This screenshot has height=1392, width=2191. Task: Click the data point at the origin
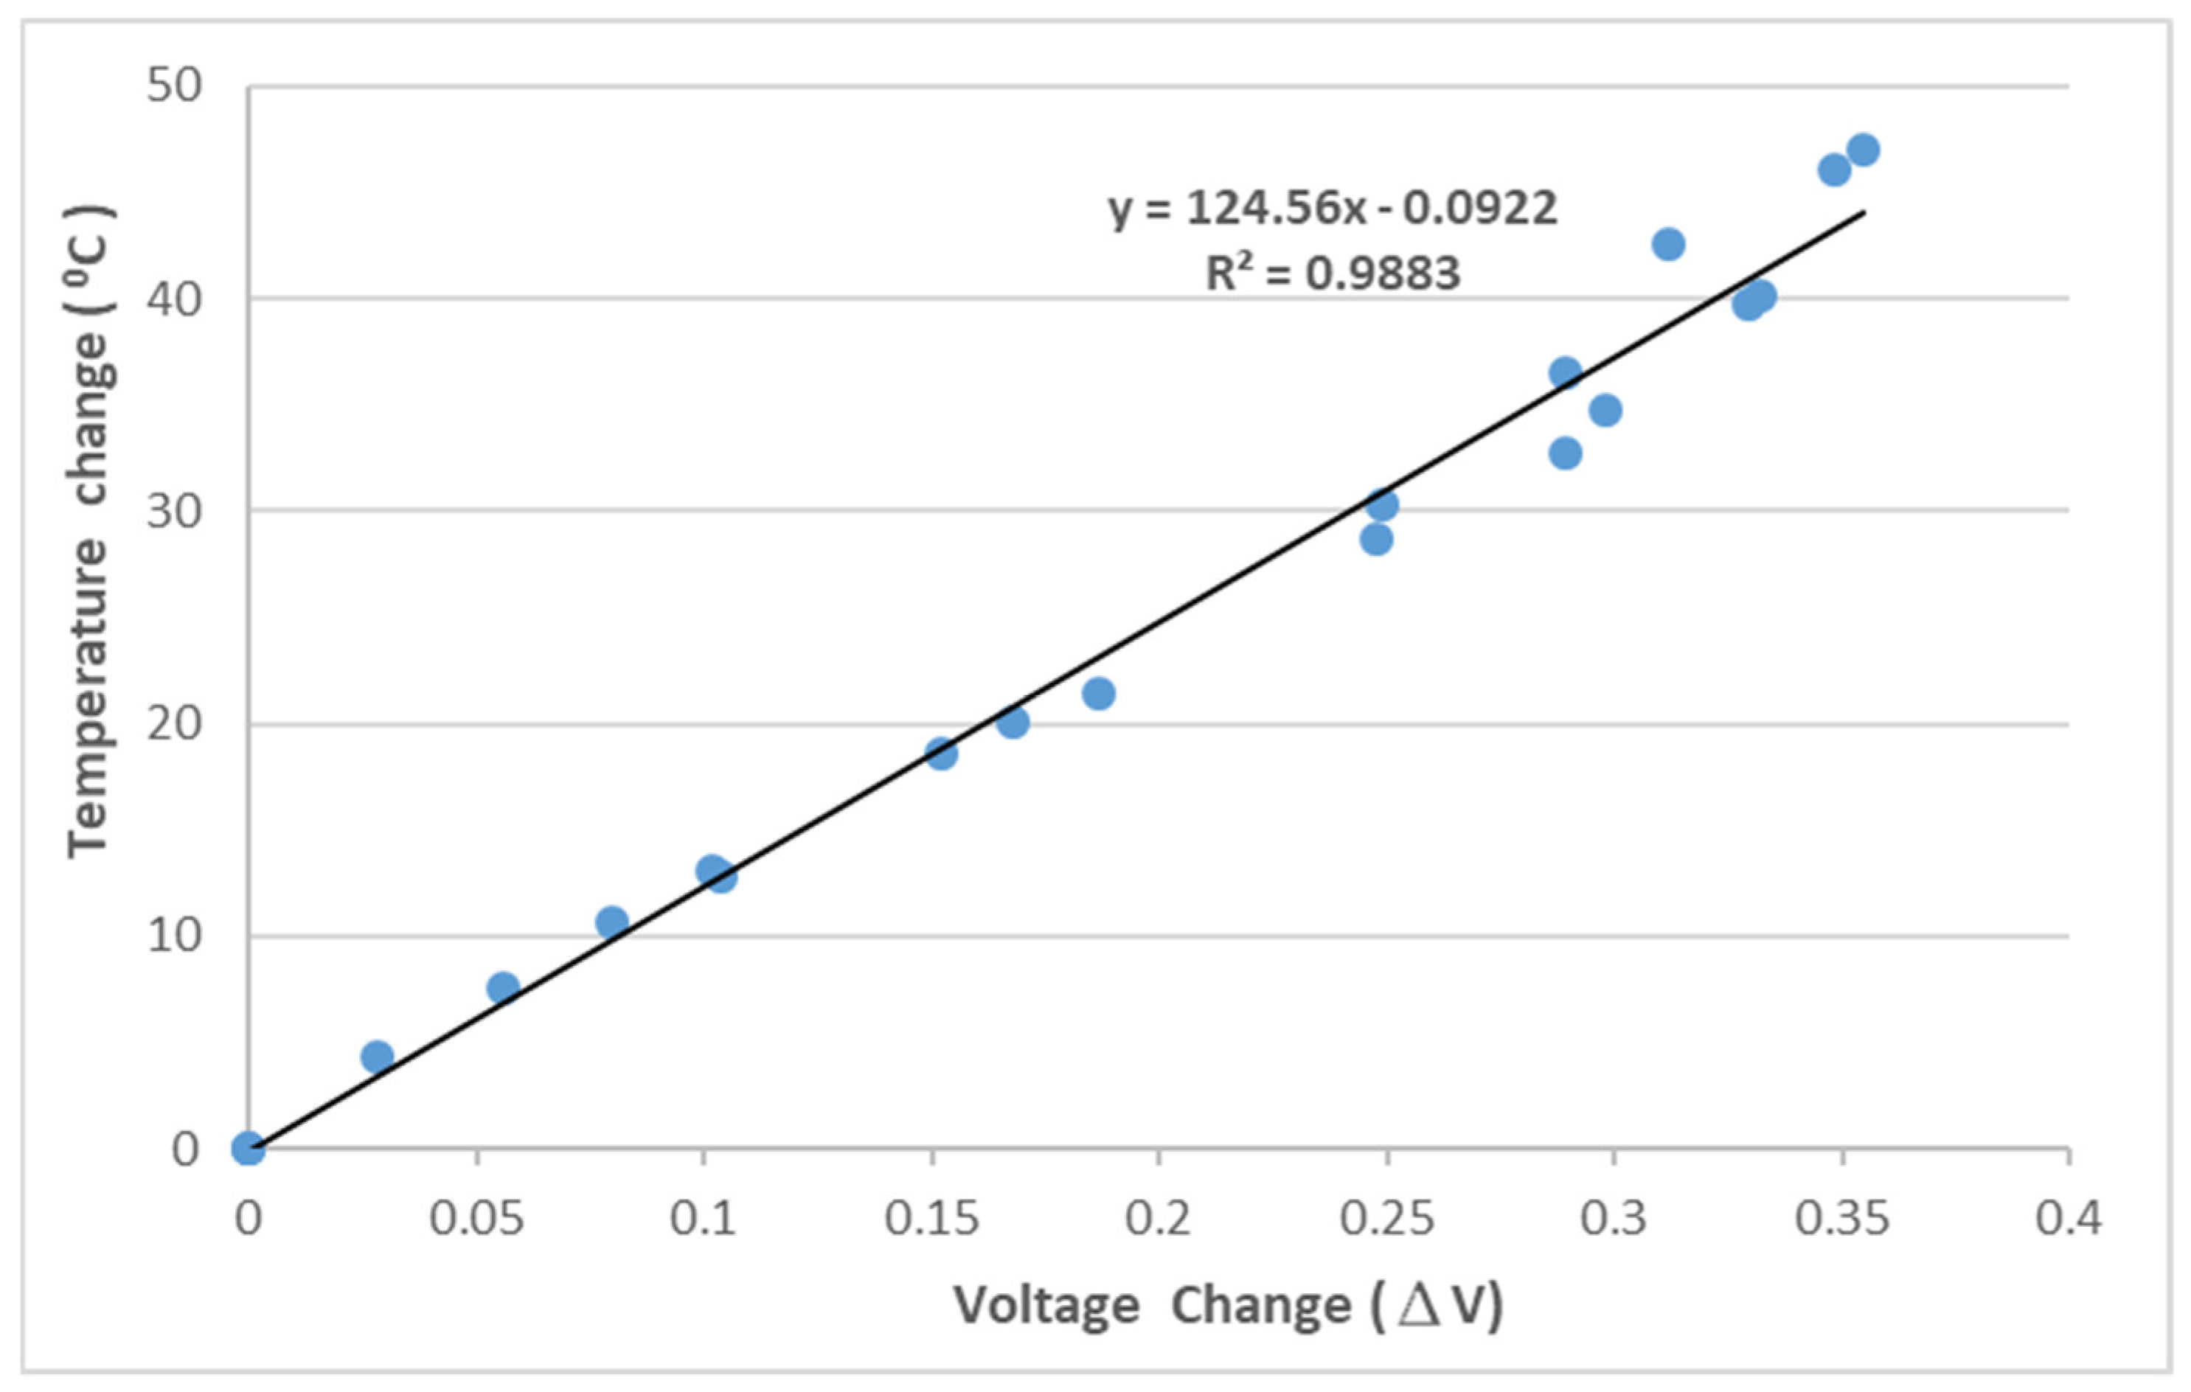point(249,1148)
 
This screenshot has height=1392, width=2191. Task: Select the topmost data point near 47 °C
point(1864,149)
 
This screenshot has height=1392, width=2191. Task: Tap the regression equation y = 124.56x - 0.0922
point(1332,209)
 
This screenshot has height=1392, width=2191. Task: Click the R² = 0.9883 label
point(1332,272)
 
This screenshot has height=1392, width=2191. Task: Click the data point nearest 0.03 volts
point(377,1057)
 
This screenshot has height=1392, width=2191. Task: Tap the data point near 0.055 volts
point(503,987)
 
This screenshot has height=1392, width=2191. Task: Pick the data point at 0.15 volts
point(942,754)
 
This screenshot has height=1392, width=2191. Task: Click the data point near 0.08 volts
point(612,922)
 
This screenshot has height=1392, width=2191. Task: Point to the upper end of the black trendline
point(1864,212)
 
